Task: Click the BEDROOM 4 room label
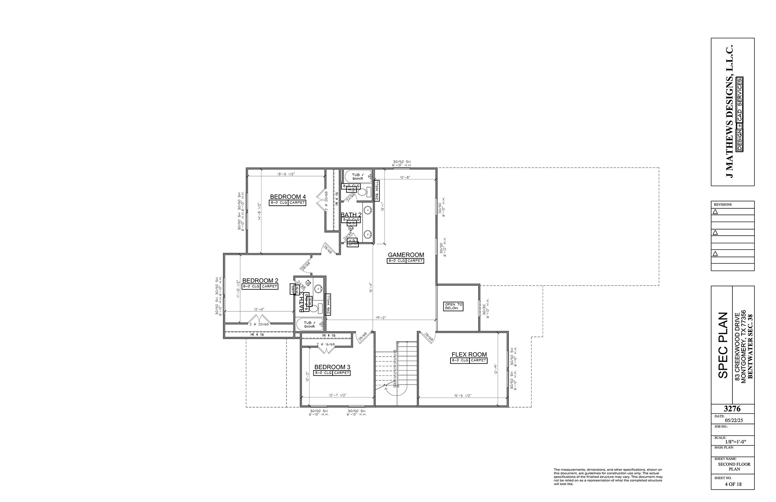(x=288, y=197)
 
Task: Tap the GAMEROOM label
(x=406, y=255)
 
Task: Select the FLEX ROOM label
(x=469, y=355)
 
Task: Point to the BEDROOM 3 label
(x=332, y=367)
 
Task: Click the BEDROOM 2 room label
(x=260, y=280)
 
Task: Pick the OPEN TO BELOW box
(x=453, y=306)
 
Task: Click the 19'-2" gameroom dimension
(x=381, y=317)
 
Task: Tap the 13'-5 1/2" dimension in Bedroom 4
(x=286, y=174)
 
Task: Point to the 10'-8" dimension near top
(x=405, y=177)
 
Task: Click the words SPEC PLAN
(x=723, y=345)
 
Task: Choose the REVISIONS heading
(x=723, y=205)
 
